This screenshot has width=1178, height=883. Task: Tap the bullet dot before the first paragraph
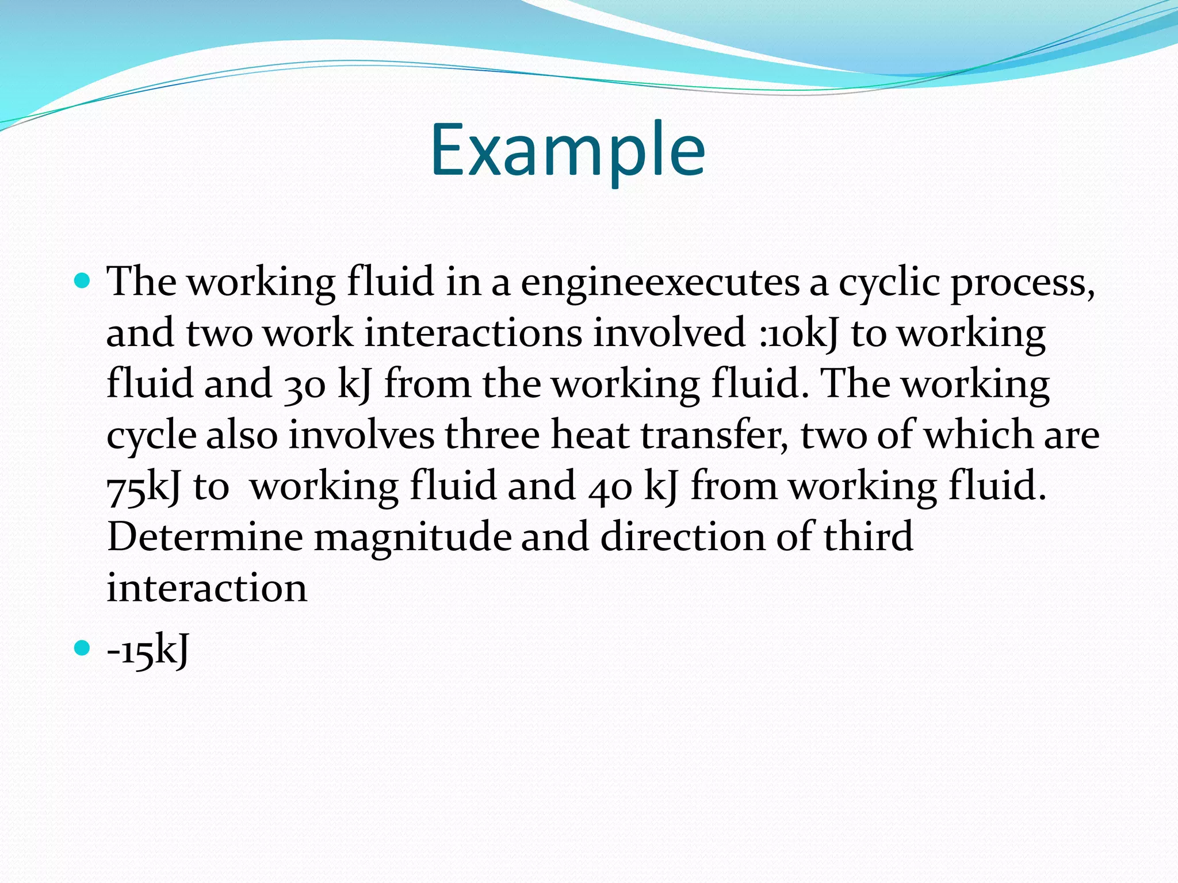click(83, 281)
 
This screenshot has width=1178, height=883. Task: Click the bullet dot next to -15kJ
click(83, 648)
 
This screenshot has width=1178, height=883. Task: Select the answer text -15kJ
click(148, 651)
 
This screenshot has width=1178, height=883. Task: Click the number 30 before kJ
click(306, 385)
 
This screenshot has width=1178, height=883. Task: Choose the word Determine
click(205, 537)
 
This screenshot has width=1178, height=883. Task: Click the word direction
click(683, 537)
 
